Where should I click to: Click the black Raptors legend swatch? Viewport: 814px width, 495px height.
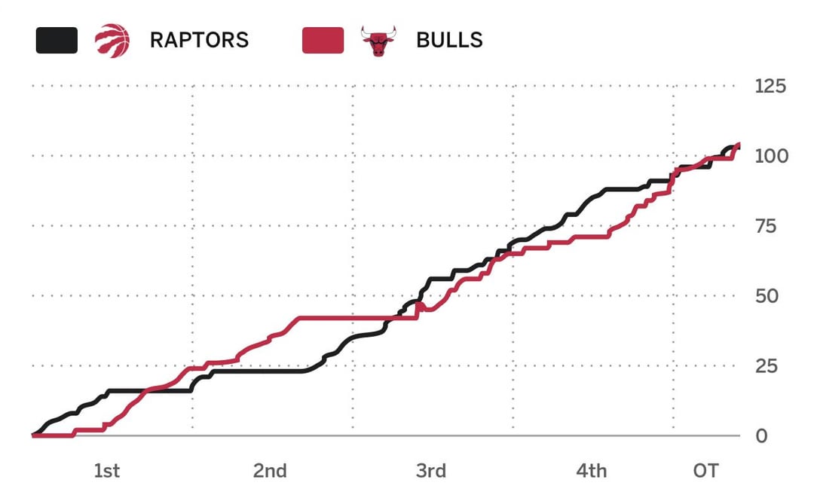coord(57,40)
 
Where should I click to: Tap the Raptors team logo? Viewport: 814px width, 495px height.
coord(112,40)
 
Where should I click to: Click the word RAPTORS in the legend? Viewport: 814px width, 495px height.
coord(199,40)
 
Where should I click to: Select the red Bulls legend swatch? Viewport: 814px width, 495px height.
coord(323,40)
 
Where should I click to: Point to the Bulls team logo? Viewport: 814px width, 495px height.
coord(378,41)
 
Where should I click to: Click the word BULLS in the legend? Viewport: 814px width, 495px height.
coord(449,40)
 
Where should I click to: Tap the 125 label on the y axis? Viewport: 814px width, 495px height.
coord(770,86)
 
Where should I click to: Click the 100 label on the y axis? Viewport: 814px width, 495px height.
coord(770,156)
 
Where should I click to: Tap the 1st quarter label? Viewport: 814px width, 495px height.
coord(106,472)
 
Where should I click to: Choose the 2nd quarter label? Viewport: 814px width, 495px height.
coord(270,472)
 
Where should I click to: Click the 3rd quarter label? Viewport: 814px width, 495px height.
coord(430,472)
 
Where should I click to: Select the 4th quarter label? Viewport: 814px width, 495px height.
coord(592,472)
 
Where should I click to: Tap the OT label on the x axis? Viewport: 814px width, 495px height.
coord(705,472)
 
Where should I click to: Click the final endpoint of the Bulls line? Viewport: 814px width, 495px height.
coord(739,145)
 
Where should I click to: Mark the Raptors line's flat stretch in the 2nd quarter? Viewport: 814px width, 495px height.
coord(256,371)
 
